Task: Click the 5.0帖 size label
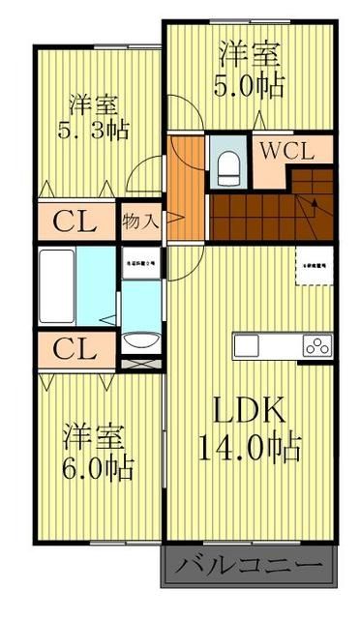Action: click(249, 85)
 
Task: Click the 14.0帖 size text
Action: click(249, 447)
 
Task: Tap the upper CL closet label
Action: click(74, 221)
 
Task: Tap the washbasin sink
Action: click(142, 340)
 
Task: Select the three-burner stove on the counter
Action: click(316, 345)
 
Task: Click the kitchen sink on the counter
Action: click(246, 345)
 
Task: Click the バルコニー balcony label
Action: click(251, 564)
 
